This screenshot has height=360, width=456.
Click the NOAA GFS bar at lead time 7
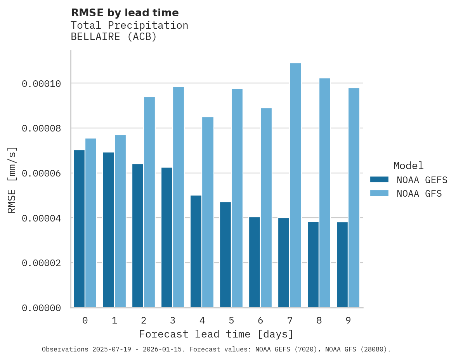coord(295,185)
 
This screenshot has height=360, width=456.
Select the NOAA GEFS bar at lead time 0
coord(79,229)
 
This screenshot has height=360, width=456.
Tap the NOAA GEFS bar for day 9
coord(342,265)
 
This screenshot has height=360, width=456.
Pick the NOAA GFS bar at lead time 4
coord(208,212)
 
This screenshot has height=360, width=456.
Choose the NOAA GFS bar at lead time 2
coord(149,202)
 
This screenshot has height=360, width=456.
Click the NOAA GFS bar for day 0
coord(91,223)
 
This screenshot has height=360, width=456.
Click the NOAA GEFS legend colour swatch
coord(379,180)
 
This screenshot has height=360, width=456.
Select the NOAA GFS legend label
coord(419,193)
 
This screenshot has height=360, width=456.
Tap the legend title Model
coord(408,166)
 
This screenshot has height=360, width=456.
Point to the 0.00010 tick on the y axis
coord(41,83)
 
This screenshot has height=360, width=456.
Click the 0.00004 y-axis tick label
coord(41,218)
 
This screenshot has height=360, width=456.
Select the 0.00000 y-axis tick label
coord(41,308)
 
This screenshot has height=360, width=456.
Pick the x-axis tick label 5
coord(231,320)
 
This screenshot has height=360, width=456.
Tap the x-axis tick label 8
coord(319,320)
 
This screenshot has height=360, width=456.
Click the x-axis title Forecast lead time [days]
coord(216,334)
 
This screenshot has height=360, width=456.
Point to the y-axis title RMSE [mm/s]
coord(12,180)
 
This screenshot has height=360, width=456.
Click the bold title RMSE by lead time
coord(125,13)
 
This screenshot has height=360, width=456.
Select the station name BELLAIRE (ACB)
coord(114,37)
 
